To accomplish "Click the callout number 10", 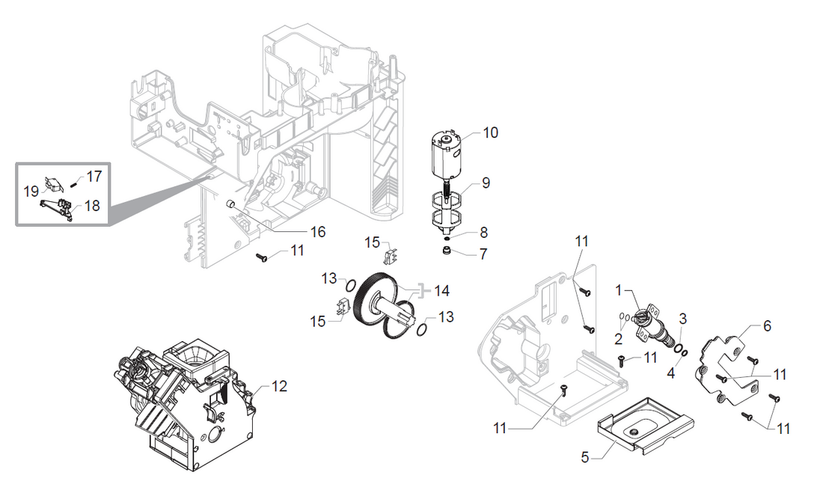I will click(490, 132).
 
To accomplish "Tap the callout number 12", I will click(279, 386).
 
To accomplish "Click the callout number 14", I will click(442, 289).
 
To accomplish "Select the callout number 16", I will click(318, 232).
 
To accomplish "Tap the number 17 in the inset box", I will click(94, 177).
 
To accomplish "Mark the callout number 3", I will click(682, 319).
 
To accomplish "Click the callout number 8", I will click(483, 232).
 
